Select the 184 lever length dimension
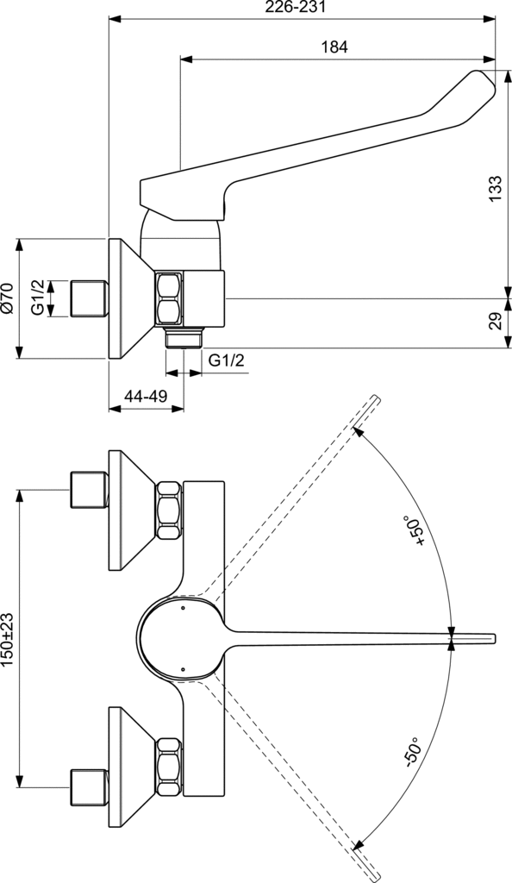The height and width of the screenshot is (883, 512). point(334,48)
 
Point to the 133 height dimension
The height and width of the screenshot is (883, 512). point(494,187)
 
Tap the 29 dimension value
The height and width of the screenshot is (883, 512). point(494,323)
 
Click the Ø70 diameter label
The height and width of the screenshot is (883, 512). point(8,297)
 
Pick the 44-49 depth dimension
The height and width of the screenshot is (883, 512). point(145,396)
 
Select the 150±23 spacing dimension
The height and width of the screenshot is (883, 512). point(9,639)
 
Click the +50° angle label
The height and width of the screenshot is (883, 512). point(420,531)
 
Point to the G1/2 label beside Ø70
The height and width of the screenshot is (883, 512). point(38,297)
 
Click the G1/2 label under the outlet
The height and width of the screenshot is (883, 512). point(226,360)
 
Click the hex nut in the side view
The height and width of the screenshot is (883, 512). point(169,298)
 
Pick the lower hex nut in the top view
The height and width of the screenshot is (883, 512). point(169,764)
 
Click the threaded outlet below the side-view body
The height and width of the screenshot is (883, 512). point(184,335)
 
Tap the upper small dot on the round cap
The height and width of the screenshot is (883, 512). point(184,609)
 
